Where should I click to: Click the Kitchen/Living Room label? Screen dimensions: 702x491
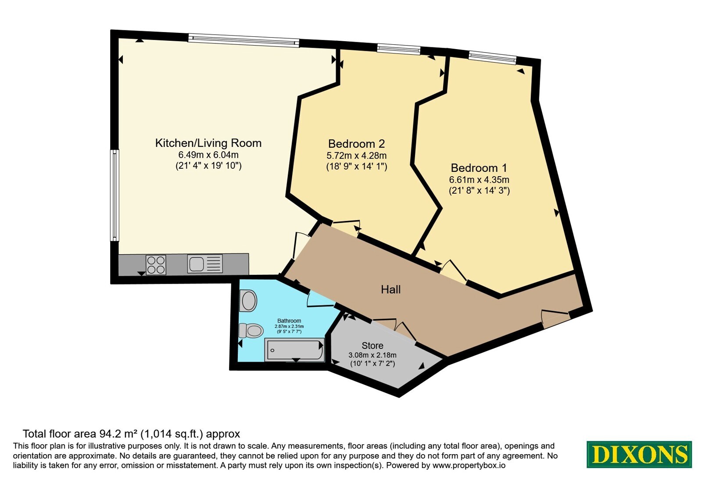point(208,143)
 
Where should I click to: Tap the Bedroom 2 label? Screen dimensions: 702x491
point(356,144)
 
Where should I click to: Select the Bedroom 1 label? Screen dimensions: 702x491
point(479,168)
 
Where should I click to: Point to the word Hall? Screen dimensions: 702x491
point(391,289)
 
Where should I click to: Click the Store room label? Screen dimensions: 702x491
point(372,346)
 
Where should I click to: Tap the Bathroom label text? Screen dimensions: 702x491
point(289,320)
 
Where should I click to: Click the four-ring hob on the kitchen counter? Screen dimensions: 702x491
point(156,265)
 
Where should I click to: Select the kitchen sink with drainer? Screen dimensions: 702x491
point(205,263)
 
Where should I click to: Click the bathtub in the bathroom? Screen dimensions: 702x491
point(294,350)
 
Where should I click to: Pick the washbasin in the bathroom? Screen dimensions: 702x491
point(248,301)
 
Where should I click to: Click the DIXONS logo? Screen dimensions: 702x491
point(639,454)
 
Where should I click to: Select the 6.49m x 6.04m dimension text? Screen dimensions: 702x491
point(208,155)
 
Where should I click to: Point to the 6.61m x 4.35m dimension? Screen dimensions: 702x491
point(479,180)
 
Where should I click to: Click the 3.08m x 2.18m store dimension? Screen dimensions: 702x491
point(372,356)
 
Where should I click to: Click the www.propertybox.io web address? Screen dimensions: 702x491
point(469,465)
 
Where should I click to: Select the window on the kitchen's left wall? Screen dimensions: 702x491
point(115,196)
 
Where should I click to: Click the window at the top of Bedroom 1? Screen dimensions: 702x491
point(492,57)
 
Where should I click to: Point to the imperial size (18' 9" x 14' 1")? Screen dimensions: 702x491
point(357,166)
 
